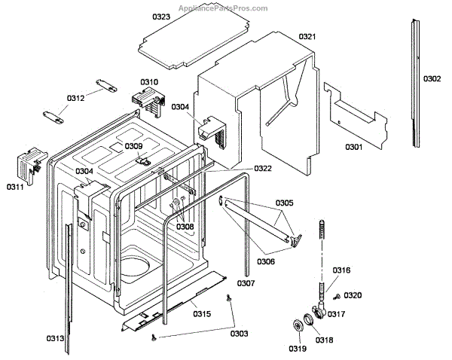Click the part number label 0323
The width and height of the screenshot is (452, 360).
[x=161, y=17]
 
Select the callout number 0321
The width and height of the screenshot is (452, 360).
[x=307, y=37]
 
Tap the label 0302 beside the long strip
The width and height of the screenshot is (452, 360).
[x=432, y=78]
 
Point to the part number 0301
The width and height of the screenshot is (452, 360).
[x=354, y=147]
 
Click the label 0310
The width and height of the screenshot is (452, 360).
[x=149, y=82]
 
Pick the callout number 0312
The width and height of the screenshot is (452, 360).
[x=76, y=99]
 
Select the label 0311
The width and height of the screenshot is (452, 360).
[x=15, y=187]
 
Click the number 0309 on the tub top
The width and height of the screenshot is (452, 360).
[x=134, y=146]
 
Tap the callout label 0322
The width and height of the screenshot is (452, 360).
[x=263, y=169]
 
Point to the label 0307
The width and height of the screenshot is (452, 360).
[x=246, y=283]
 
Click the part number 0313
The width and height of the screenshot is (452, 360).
[x=55, y=338]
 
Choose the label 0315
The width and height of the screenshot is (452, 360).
[x=202, y=313]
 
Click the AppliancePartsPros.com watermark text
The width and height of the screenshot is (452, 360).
[x=223, y=8]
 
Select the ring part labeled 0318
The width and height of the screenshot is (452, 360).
[x=309, y=319]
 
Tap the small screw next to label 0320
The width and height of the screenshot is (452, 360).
[x=337, y=297]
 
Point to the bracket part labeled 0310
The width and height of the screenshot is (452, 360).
[x=148, y=101]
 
